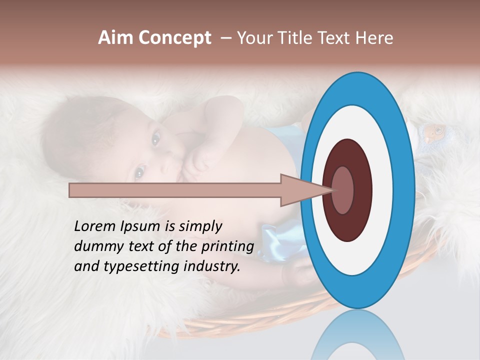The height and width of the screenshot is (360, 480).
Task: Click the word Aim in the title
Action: point(114,38)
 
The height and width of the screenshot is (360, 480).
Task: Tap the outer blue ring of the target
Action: point(358,292)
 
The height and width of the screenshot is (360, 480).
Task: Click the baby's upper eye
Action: point(156,137)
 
